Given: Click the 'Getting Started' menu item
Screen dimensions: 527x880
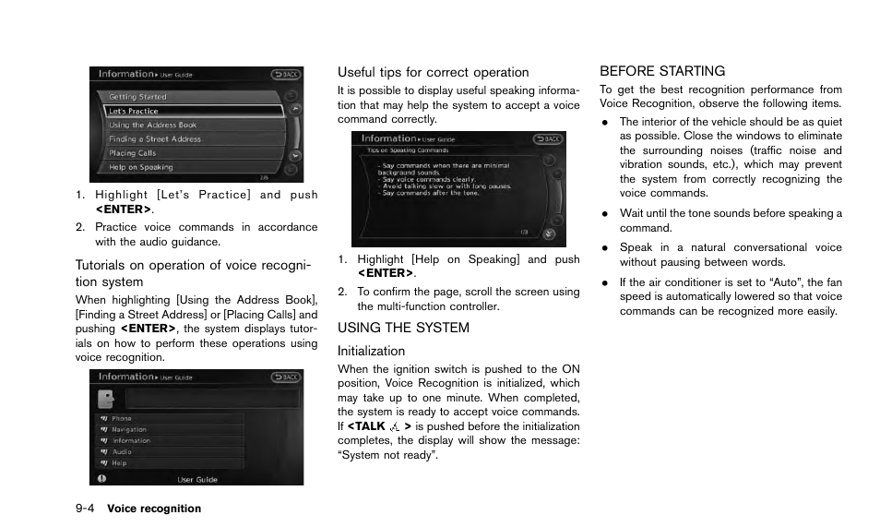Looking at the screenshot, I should click(x=138, y=97).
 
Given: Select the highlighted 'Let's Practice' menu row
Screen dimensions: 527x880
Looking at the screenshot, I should click(x=134, y=111).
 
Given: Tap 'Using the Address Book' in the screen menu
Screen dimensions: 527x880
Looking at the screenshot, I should click(x=152, y=126).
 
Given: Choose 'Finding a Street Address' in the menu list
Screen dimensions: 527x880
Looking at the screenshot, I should click(x=155, y=139).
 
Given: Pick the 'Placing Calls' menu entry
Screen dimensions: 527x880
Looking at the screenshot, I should click(x=133, y=153).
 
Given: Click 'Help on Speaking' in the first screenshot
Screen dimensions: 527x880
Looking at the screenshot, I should click(x=141, y=167).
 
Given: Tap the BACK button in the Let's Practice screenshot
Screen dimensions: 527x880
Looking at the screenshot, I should click(x=285, y=74).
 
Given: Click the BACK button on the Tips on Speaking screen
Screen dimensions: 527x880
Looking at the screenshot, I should click(x=547, y=139).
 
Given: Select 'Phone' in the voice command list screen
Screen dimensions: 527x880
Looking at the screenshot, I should click(x=122, y=419).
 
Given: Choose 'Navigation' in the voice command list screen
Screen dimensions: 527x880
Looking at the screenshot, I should click(x=129, y=430).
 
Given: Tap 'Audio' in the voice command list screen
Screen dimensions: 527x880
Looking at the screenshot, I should click(x=122, y=452).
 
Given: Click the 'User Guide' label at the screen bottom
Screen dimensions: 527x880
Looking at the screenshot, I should click(x=197, y=479).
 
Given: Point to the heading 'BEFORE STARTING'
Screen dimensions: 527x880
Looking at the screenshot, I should click(x=662, y=71).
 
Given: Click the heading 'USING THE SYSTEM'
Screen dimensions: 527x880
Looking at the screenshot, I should click(x=403, y=328).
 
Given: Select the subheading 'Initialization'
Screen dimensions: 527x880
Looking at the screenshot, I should click(x=371, y=351).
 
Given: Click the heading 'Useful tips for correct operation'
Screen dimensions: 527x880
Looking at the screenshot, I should click(x=433, y=72).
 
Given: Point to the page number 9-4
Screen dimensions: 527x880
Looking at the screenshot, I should click(x=86, y=509).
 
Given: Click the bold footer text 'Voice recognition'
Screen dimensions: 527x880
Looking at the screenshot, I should click(x=154, y=509).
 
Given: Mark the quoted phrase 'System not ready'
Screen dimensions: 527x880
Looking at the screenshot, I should click(x=386, y=455).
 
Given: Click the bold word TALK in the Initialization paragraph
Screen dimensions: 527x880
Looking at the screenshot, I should click(x=369, y=426).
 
